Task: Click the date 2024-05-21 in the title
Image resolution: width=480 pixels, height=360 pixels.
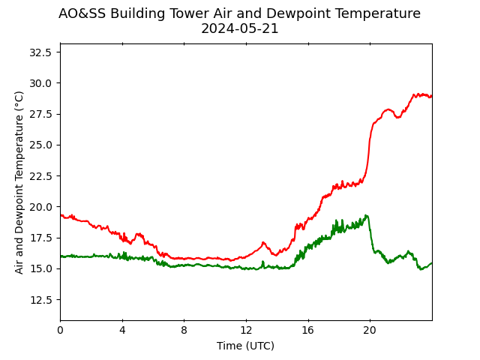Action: click(x=240, y=28)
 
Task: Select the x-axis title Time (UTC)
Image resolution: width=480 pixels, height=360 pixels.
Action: click(x=245, y=346)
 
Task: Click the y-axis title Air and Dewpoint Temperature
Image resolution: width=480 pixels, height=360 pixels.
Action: click(x=19, y=182)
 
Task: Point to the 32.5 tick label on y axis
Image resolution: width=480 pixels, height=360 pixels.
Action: click(x=40, y=52)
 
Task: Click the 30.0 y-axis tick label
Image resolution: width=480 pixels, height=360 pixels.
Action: click(x=40, y=83)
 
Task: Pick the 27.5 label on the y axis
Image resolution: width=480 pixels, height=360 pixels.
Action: click(x=40, y=114)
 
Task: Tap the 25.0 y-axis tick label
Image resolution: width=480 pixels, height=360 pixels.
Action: click(x=40, y=145)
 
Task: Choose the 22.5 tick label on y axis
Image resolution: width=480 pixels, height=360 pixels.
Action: click(x=40, y=176)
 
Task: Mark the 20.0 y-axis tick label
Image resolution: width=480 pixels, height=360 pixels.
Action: click(x=40, y=207)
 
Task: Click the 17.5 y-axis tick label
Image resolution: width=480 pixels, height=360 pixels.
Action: click(x=40, y=238)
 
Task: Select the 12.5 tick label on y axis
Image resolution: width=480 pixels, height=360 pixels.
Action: click(x=40, y=300)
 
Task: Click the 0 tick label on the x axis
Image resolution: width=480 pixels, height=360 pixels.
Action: click(x=61, y=330)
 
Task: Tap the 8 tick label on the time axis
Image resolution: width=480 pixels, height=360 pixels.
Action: click(x=184, y=330)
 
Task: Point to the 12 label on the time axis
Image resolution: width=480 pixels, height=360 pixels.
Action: click(x=246, y=330)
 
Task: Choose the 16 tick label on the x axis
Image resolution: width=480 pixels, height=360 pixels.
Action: click(x=308, y=330)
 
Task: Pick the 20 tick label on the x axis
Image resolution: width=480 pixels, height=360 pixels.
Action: click(x=370, y=330)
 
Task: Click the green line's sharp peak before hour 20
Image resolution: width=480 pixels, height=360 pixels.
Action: click(x=367, y=215)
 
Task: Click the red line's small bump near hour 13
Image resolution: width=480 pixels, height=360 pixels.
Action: click(x=263, y=243)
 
